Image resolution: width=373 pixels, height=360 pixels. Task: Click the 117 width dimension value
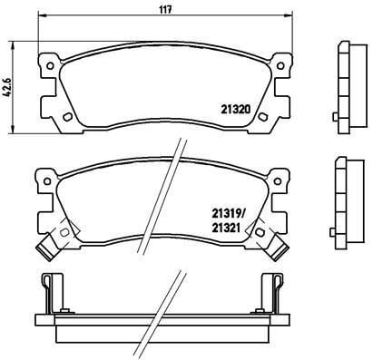point(165,10)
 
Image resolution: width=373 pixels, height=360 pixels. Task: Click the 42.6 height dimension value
point(7,87)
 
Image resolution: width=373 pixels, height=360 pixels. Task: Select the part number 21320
point(236,109)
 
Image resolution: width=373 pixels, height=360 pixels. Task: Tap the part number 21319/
point(228,214)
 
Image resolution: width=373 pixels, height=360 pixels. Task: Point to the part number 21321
point(226,228)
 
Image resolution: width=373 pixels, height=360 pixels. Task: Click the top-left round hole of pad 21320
point(50,65)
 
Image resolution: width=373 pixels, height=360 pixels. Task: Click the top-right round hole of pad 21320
point(280,65)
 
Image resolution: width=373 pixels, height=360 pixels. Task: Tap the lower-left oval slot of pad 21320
point(67,117)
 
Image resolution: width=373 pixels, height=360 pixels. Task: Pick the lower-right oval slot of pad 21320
point(262,117)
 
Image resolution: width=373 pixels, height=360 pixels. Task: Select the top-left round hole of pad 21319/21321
point(47,181)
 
